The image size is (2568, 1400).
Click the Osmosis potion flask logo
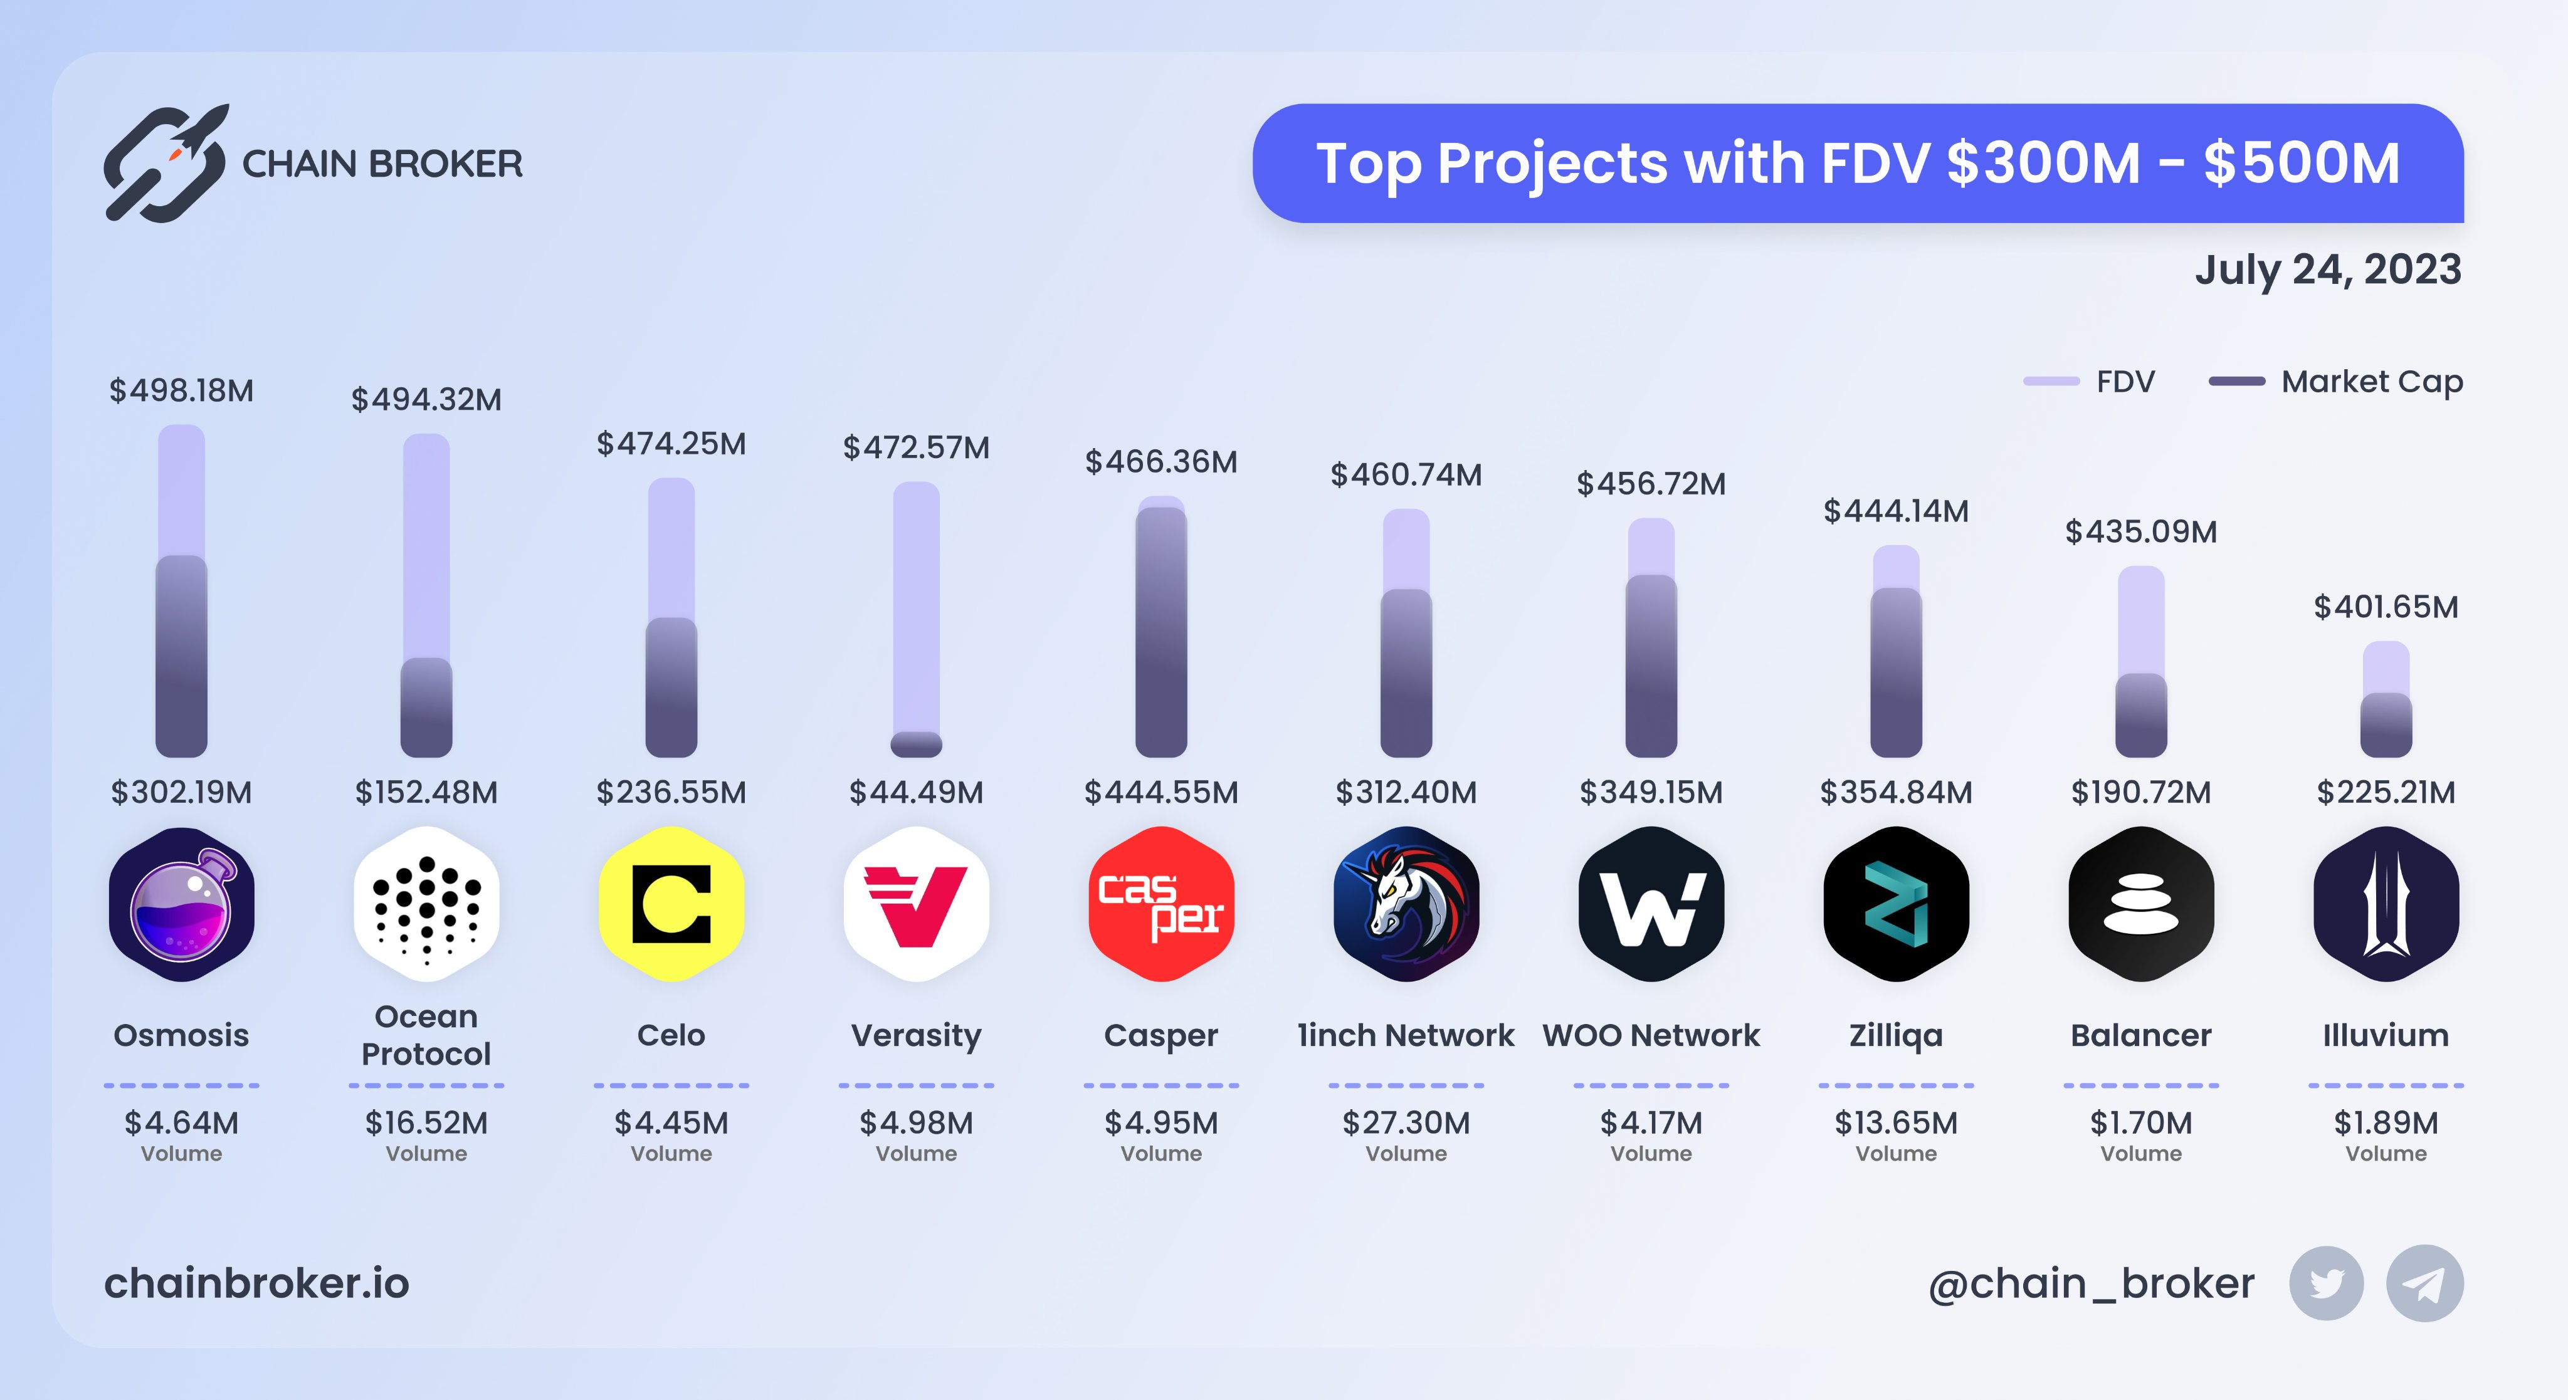tap(181, 904)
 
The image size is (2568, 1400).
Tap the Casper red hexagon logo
tap(1161, 904)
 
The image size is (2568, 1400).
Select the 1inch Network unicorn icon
tap(1406, 904)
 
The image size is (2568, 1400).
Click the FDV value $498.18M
tap(181, 390)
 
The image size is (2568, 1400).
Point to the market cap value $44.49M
tap(916, 792)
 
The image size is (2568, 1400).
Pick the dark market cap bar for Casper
tap(1161, 633)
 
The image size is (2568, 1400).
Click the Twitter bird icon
tap(2326, 1283)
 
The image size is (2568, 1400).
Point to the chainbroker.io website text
tap(257, 1283)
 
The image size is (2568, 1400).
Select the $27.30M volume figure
tap(1406, 1123)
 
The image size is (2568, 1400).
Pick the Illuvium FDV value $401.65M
tap(2386, 607)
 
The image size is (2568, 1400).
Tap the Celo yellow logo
tap(671, 904)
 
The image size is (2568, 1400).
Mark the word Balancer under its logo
tap(2140, 1035)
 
